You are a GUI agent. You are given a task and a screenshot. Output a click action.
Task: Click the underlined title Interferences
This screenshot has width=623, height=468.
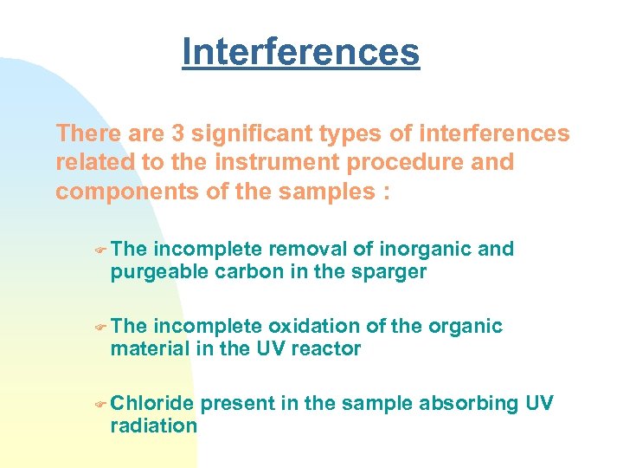pyautogui.click(x=300, y=51)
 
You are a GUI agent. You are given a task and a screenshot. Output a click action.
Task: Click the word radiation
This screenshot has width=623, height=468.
pyautogui.click(x=153, y=425)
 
